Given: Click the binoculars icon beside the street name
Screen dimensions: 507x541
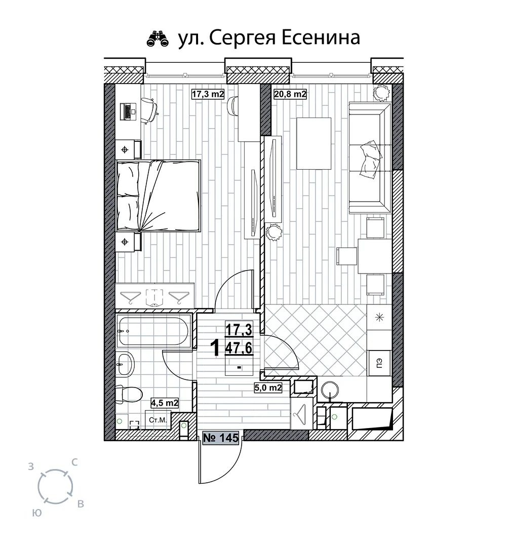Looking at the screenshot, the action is click(x=158, y=38).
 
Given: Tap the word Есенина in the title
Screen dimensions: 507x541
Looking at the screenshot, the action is click(x=321, y=37).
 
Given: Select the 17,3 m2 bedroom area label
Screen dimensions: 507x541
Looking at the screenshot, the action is click(x=208, y=94).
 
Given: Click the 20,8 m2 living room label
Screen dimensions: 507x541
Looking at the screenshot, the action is click(x=290, y=94).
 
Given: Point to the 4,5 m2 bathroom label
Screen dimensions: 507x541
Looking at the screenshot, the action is click(x=165, y=403).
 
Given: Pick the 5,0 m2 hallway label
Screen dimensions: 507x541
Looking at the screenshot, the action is click(x=268, y=388).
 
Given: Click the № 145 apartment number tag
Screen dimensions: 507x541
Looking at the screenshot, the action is click(x=221, y=438).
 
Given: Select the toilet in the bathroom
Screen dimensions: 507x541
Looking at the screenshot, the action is click(x=129, y=395).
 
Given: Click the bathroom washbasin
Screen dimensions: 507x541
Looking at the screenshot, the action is click(x=126, y=364).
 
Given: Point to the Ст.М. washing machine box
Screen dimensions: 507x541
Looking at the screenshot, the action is click(x=158, y=420).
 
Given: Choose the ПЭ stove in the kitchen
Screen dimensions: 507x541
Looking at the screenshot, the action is click(x=380, y=363).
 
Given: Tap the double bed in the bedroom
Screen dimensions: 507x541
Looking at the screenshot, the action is click(x=159, y=196).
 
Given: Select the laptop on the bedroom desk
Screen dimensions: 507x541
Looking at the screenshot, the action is click(x=128, y=111).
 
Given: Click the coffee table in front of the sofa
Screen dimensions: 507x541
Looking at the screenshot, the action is click(x=314, y=143).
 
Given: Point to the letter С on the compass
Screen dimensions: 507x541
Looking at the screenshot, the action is click(x=74, y=462).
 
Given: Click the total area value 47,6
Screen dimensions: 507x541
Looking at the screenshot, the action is click(x=239, y=348).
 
